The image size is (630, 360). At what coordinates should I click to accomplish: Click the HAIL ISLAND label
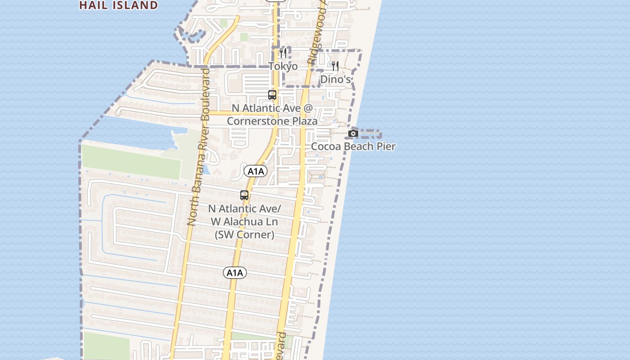click(x=118, y=5)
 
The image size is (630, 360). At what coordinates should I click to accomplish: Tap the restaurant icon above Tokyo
click(x=283, y=54)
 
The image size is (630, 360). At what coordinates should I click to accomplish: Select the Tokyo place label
click(x=283, y=67)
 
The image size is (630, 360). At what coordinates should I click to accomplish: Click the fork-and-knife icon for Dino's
click(x=335, y=67)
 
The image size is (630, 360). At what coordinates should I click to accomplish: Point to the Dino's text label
click(x=335, y=80)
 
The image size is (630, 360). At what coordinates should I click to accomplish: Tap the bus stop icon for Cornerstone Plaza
click(x=272, y=95)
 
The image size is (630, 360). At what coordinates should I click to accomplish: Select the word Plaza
click(x=304, y=121)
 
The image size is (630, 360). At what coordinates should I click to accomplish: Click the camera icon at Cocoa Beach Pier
click(x=353, y=133)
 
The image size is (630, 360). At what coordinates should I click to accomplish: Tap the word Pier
click(x=386, y=146)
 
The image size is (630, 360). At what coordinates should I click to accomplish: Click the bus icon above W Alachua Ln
click(x=244, y=195)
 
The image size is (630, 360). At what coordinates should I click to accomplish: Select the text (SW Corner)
click(x=244, y=234)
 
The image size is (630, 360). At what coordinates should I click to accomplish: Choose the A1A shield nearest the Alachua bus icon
click(x=256, y=171)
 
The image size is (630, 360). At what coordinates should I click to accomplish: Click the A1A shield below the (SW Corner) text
click(x=234, y=272)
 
